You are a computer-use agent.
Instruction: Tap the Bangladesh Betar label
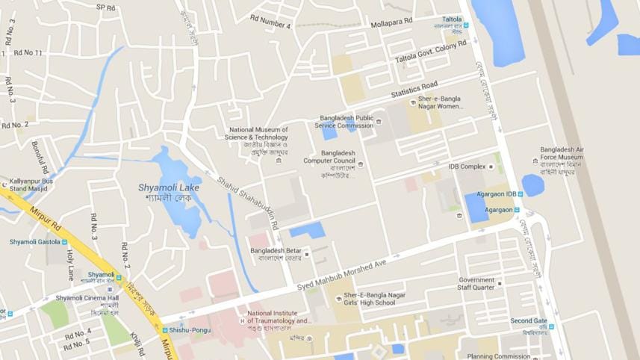click(276, 250)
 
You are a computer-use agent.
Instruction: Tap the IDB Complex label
click(467, 167)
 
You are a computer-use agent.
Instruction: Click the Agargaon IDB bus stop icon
click(521, 194)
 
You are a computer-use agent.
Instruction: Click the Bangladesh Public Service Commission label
click(346, 122)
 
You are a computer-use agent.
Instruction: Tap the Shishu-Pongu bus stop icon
click(165, 330)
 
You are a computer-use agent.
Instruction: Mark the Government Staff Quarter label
click(476, 283)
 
